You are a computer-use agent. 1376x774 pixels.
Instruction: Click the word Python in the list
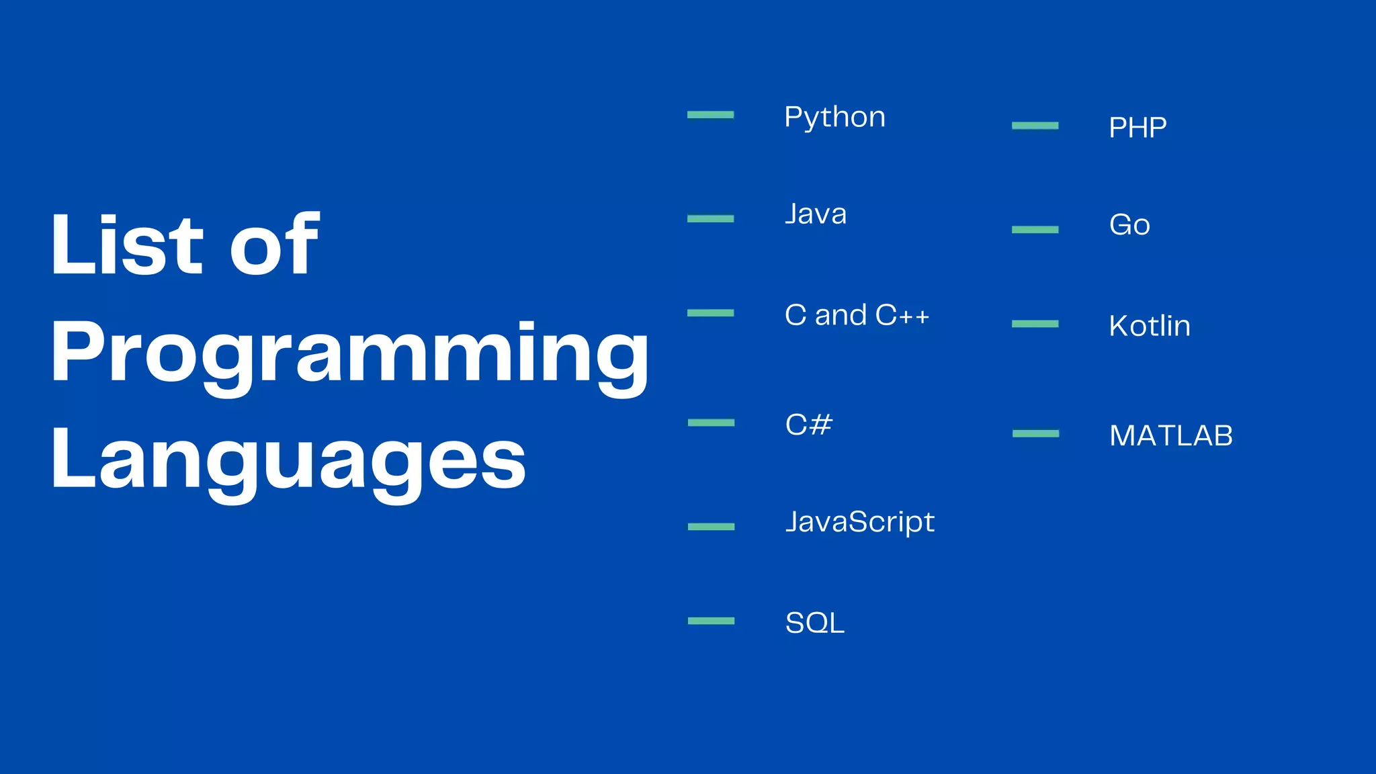834,118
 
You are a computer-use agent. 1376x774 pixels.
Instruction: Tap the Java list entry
816,214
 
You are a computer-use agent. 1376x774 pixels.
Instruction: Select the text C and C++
857,315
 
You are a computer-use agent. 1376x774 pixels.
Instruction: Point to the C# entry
809,425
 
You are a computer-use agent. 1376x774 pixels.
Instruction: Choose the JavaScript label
860,522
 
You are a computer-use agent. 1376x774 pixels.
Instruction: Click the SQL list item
814,623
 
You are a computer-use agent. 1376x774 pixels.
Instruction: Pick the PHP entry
1137,128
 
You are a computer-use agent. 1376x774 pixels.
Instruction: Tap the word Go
1129,225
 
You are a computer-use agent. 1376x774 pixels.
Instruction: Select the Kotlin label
1150,326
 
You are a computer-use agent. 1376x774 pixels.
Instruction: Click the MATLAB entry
1171,436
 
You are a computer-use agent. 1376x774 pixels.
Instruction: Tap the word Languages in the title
288,460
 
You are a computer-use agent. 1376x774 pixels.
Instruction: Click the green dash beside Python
710,115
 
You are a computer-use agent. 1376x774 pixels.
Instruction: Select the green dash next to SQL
711,621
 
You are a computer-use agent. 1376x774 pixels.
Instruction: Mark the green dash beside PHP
1035,126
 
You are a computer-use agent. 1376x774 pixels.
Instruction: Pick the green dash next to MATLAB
1035,433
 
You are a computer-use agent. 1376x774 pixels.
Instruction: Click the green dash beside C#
711,423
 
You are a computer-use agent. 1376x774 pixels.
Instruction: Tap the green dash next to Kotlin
1035,324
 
